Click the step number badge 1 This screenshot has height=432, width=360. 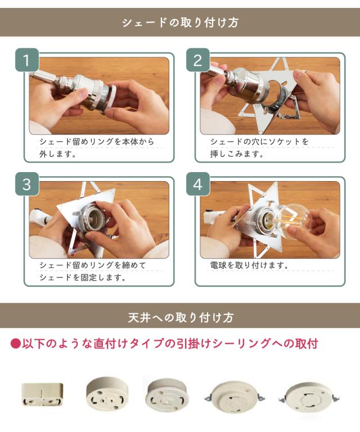pyautogui.click(x=26, y=60)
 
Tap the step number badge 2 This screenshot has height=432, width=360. pyautogui.click(x=198, y=60)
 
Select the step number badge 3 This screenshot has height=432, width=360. pyautogui.click(x=26, y=184)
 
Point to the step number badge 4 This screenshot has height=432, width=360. pyautogui.click(x=198, y=184)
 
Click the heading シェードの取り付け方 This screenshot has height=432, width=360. pyautogui.click(x=180, y=22)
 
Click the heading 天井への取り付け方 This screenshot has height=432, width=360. pyautogui.click(x=181, y=317)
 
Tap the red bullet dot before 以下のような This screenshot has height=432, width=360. pyautogui.click(x=16, y=344)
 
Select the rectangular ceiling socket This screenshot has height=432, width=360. pyautogui.click(x=42, y=394)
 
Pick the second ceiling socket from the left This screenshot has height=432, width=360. pyautogui.click(x=107, y=392)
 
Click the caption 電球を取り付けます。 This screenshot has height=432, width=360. pyautogui.click(x=249, y=265)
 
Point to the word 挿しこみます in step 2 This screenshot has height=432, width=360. pyautogui.click(x=236, y=154)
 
